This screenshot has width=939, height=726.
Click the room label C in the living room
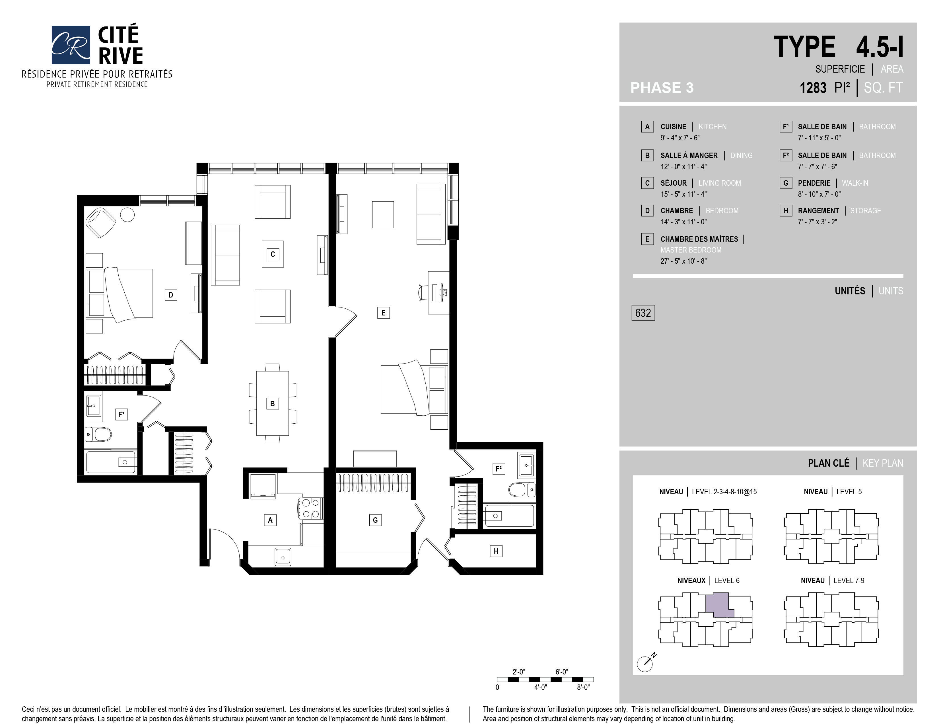pyautogui.click(x=273, y=254)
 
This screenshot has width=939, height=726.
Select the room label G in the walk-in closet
pyautogui.click(x=375, y=520)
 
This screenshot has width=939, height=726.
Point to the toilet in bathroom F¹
pyautogui.click(x=98, y=434)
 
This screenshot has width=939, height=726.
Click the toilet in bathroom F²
pyautogui.click(x=522, y=489)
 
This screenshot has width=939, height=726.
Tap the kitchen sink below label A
pyautogui.click(x=283, y=557)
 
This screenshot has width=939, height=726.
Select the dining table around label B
pyautogui.click(x=273, y=403)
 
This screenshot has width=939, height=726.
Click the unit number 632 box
pyautogui.click(x=643, y=313)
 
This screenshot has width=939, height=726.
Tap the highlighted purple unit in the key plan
pyautogui.click(x=718, y=605)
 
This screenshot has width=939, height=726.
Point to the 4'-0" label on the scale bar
pyautogui.click(x=540, y=687)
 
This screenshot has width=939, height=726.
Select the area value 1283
pyautogui.click(x=813, y=88)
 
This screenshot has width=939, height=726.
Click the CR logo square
pyautogui.click(x=71, y=45)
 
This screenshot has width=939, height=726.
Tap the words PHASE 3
pyautogui.click(x=662, y=88)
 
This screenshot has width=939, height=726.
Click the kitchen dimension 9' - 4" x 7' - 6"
pyautogui.click(x=680, y=138)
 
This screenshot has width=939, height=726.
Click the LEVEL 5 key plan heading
pyautogui.click(x=849, y=492)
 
